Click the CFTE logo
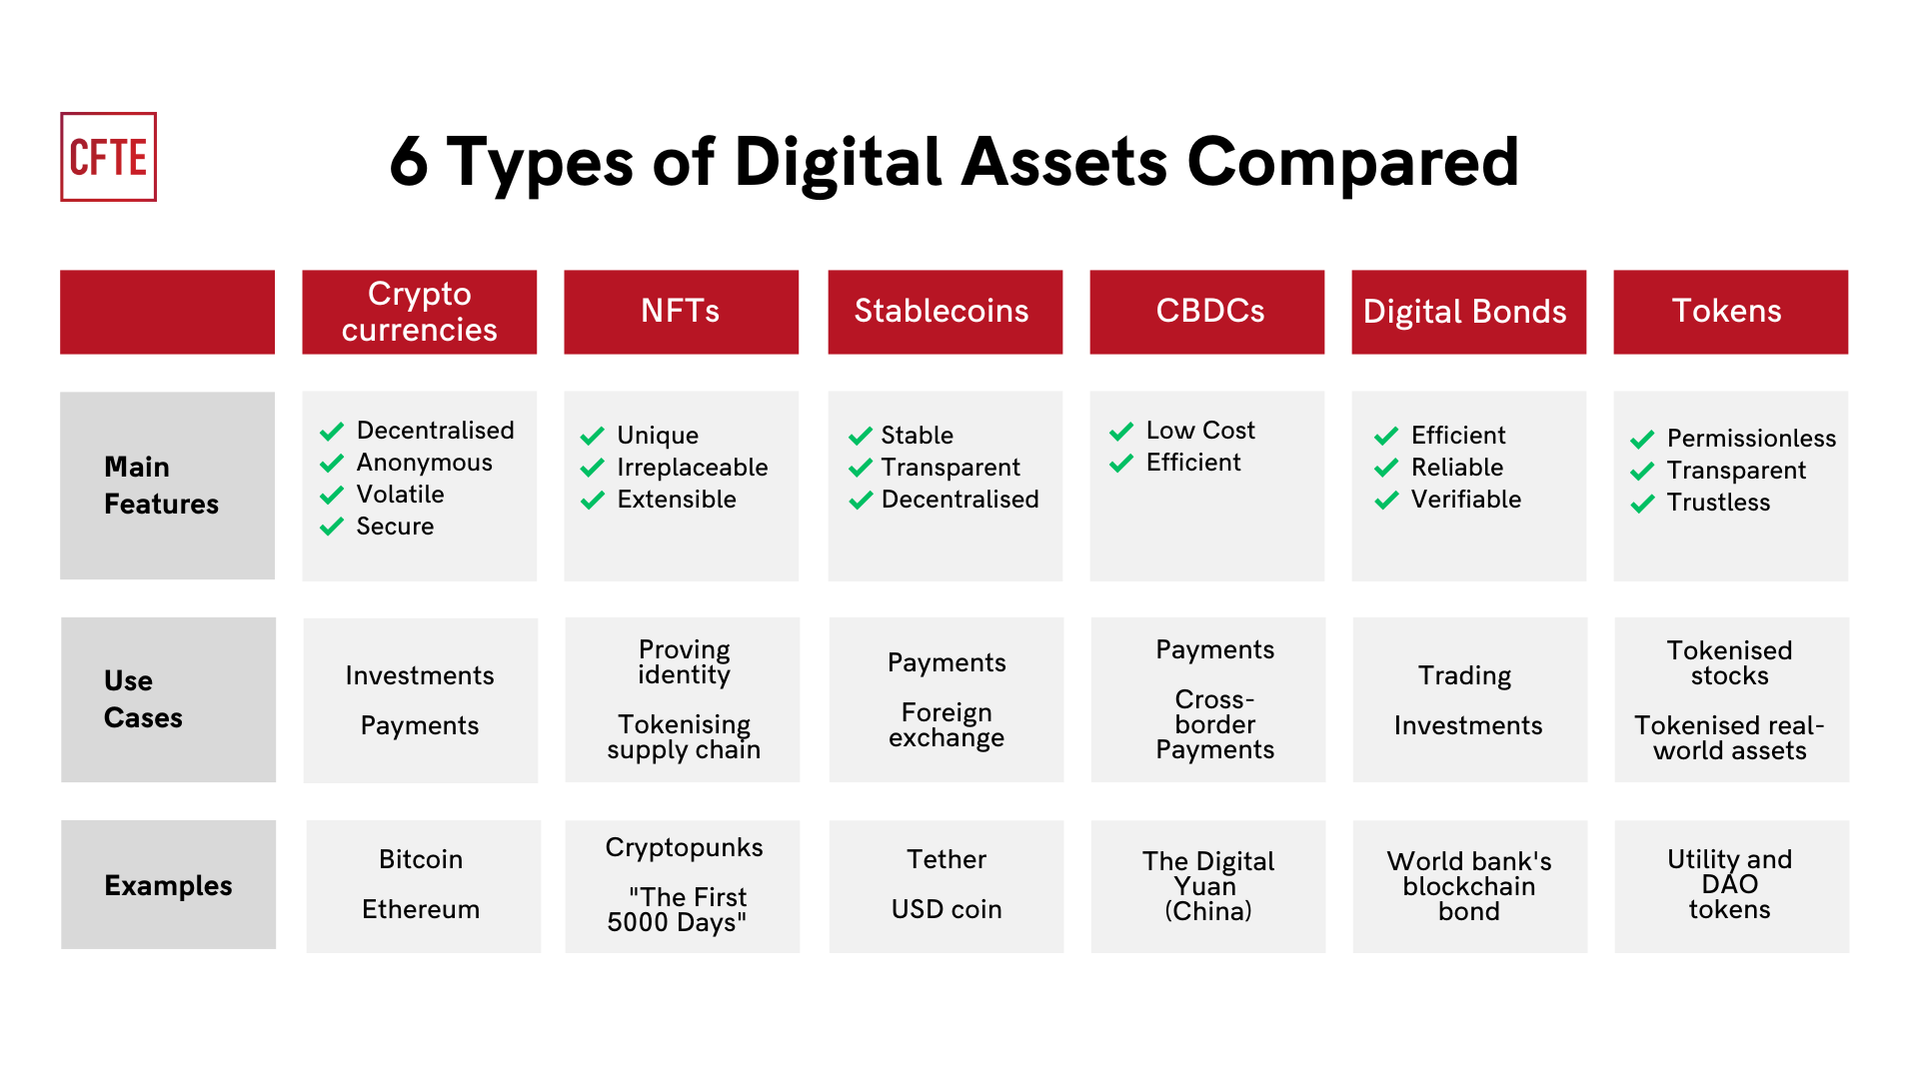point(108,157)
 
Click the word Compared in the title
point(1351,163)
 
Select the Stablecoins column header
point(944,312)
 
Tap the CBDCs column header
point(1207,312)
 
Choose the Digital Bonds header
point(1467,312)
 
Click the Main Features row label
point(160,486)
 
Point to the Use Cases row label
point(142,699)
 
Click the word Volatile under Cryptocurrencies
point(400,495)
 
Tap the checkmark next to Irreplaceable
point(593,468)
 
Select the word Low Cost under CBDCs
point(1199,431)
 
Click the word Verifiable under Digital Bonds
point(1465,500)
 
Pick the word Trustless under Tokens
point(1717,503)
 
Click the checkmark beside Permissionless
point(1642,440)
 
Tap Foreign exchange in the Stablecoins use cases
point(946,725)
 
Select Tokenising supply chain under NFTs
point(684,737)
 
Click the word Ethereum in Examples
point(421,909)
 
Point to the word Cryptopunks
point(684,848)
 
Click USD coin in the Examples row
point(946,909)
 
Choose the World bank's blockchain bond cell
point(1468,886)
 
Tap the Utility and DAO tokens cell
point(1729,885)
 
